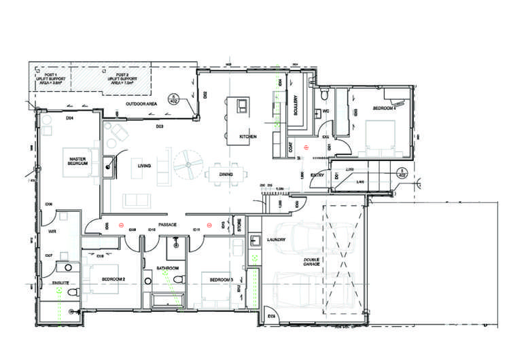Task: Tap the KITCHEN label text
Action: [x=247, y=137]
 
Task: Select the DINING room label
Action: [x=226, y=175]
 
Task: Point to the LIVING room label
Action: [x=144, y=165]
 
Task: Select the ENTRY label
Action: [x=317, y=175]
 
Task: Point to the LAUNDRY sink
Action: [x=256, y=240]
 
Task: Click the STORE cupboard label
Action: [x=239, y=226]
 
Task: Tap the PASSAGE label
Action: [x=167, y=224]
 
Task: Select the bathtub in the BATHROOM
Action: [x=164, y=300]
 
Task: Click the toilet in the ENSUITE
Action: [x=74, y=291]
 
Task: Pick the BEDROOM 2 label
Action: [x=113, y=279]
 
